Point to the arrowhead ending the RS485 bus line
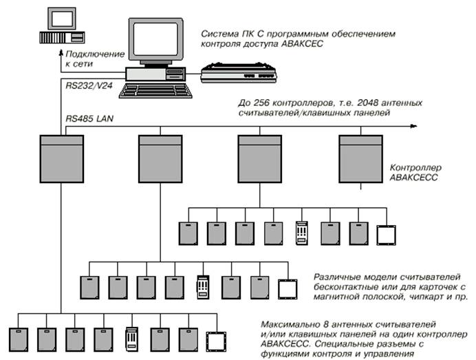click(x=415, y=126)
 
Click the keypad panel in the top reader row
click(x=301, y=233)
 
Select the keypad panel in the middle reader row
click(x=202, y=287)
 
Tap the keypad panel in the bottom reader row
click(x=131, y=340)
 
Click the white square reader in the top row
click(x=387, y=234)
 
